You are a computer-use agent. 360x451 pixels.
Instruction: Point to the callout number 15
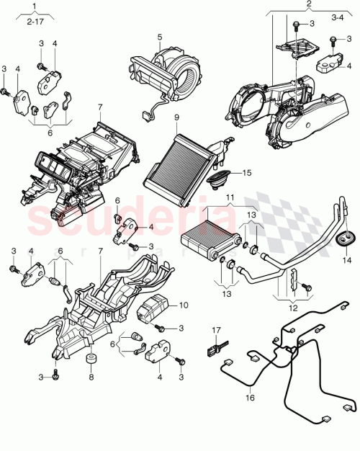point(247,173)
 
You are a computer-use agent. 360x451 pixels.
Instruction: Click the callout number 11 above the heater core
point(230,196)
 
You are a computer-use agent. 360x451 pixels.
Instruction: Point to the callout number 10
point(183,305)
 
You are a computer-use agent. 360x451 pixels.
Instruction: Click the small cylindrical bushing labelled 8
point(92,360)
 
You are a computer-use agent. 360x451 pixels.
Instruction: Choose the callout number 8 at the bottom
point(91,376)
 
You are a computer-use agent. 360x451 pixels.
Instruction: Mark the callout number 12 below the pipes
point(292,308)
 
